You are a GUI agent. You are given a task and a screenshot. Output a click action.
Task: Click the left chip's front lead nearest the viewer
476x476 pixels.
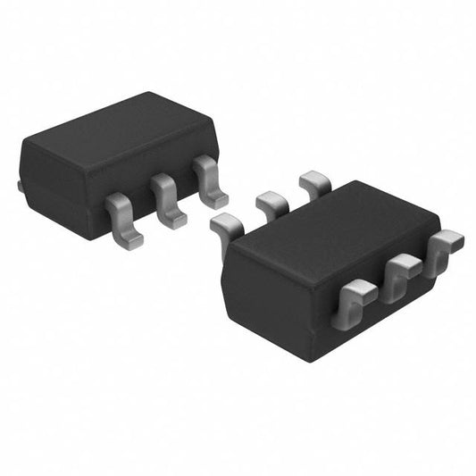click(x=122, y=218)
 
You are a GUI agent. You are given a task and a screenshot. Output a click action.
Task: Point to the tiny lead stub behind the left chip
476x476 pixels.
click(x=20, y=187)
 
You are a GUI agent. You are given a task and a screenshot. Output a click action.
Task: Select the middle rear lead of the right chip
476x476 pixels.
click(x=271, y=205)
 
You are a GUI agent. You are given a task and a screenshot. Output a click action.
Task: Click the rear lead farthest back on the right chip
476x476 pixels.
click(x=314, y=184)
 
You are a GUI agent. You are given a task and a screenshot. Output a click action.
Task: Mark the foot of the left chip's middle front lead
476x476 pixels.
click(x=173, y=217)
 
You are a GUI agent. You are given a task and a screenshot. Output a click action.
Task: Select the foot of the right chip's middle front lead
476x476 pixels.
click(x=405, y=261)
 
